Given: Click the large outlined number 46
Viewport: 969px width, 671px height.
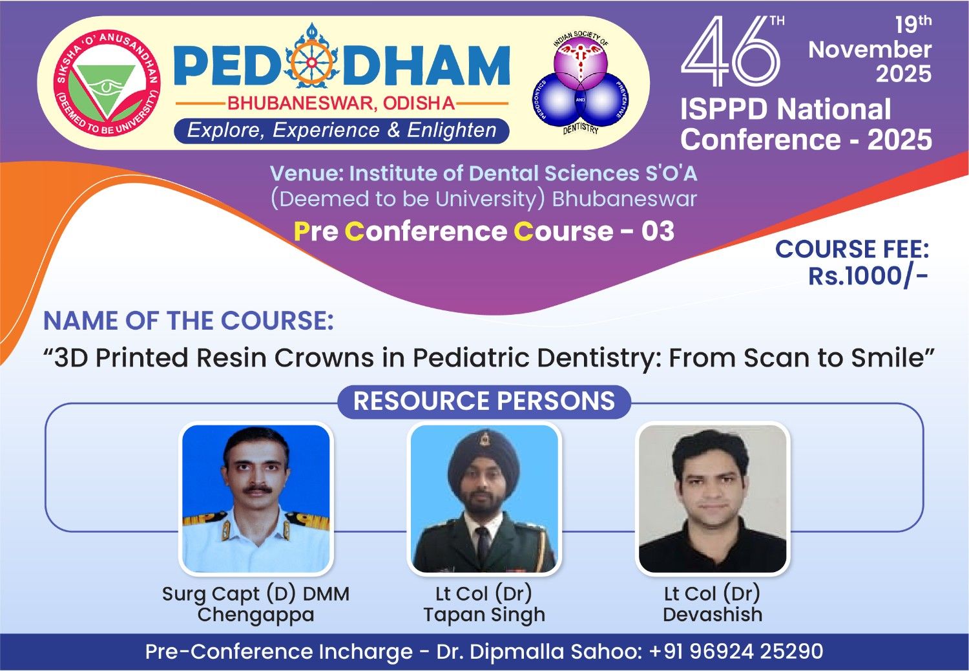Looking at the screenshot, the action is coord(731,51).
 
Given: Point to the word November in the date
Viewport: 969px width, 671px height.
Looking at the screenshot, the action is coord(870,49).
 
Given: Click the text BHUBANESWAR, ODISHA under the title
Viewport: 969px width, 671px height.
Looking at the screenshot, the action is coord(341,103).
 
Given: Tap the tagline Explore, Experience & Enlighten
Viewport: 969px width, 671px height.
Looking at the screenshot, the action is coord(341,131).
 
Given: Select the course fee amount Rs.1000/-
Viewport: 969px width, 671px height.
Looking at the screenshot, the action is coord(868,276).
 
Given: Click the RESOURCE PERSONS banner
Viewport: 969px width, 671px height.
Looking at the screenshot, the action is coord(484,401).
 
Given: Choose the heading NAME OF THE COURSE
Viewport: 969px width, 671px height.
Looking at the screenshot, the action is coord(189,321).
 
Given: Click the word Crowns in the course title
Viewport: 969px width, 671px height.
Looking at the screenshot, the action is coord(324,358).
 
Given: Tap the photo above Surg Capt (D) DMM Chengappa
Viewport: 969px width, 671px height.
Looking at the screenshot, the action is coord(256,498).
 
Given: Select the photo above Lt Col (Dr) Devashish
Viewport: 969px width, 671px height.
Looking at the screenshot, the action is coord(713,498).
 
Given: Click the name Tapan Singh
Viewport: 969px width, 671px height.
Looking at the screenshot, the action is coord(484,615).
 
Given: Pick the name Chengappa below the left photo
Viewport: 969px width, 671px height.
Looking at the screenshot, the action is coord(256,615).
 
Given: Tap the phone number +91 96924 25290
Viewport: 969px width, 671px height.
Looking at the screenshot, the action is coord(736,652).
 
